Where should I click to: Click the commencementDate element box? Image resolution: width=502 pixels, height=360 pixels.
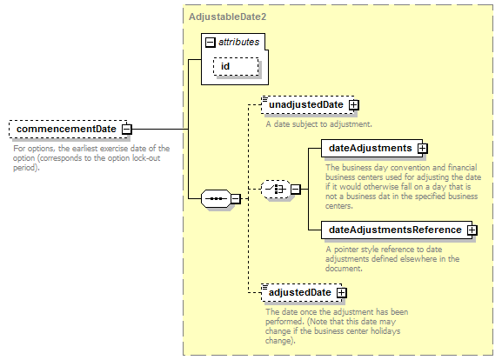68,129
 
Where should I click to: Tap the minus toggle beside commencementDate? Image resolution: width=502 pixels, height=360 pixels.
127,130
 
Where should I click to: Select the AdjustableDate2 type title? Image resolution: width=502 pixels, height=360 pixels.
227,17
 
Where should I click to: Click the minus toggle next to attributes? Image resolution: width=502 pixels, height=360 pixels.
210,42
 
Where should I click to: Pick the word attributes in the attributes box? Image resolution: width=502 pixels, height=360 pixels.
239,42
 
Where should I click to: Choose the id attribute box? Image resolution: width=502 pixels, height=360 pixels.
236,67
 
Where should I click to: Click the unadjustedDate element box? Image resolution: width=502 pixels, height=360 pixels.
307,104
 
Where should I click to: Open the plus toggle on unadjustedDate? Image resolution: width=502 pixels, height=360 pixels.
354,105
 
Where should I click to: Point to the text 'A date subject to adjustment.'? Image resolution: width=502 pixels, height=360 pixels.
319,124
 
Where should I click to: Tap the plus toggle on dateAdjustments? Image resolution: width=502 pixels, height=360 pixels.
422,148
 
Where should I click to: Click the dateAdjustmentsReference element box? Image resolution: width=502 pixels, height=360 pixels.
397,230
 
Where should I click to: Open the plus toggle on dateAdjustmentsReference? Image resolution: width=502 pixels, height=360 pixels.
472,230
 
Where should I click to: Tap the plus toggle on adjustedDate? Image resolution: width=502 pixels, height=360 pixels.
342,293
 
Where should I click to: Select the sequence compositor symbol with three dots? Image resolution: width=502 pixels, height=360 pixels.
216,199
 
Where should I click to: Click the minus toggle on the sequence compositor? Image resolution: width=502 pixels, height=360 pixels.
236,199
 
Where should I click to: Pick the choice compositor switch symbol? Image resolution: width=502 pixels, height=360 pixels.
276,189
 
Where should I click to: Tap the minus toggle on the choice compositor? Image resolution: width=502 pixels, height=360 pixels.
296,190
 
